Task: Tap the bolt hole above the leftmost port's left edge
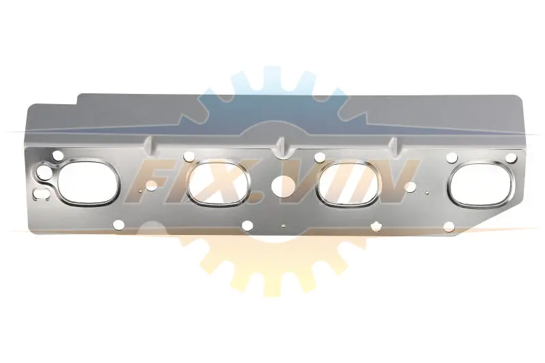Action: pyautogui.click(x=57, y=154)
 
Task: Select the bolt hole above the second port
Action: pyautogui.click(x=188, y=157)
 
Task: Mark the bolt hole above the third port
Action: pyautogui.click(x=319, y=158)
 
